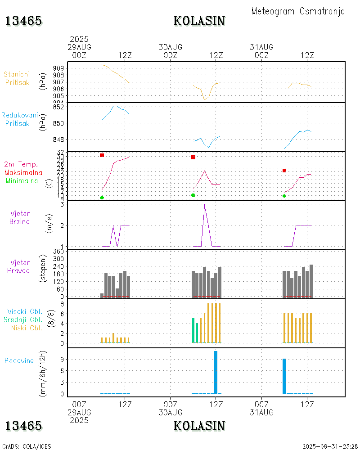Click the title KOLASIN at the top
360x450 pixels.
[x=199, y=21]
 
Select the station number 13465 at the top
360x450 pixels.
[x=23, y=21]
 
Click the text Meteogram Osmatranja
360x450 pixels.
[x=298, y=11]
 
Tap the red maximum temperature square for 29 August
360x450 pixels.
[x=102, y=155]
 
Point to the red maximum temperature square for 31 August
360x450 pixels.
[x=284, y=171]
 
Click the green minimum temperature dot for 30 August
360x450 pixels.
[x=193, y=195]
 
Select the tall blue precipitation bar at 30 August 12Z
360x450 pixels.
[x=216, y=372]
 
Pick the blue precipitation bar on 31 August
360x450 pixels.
[x=284, y=376]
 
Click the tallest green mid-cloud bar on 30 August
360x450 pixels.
[x=193, y=330]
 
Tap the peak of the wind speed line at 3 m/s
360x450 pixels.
[x=205, y=204]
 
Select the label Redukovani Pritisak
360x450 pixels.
[x=19, y=119]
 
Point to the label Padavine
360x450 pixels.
[x=19, y=360]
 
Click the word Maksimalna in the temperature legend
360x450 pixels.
[x=23, y=172]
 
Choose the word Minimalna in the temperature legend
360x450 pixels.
[x=22, y=180]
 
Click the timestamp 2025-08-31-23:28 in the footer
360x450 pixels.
[x=330, y=446]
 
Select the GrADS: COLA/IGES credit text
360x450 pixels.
[x=27, y=446]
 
